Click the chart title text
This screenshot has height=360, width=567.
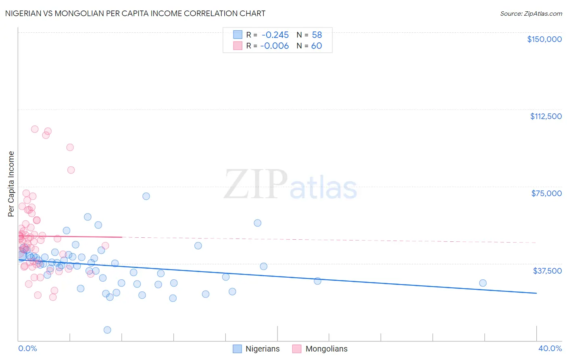coord(135,13)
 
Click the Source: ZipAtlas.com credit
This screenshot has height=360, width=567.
coord(531,14)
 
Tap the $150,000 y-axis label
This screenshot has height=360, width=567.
coord(544,39)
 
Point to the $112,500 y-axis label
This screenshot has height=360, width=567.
coord(546,116)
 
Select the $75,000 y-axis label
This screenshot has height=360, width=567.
coord(546,193)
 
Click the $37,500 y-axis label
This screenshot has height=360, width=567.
coord(547,271)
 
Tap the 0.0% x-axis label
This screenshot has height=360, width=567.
coord(27,348)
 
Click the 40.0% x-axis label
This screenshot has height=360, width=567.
coord(550,348)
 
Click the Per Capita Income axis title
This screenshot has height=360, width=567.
coord(11,184)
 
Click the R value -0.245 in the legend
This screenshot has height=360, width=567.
coord(275,35)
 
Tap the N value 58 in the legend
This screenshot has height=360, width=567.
coord(317,35)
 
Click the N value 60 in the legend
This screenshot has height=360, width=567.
coord(317,46)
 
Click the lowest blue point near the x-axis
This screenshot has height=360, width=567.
coord(107,330)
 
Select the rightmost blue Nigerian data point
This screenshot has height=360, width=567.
coord(483,283)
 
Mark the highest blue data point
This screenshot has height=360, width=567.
coord(146,196)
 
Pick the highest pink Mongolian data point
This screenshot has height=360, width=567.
coord(35,129)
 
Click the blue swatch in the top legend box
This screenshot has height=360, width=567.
coord(238,35)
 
